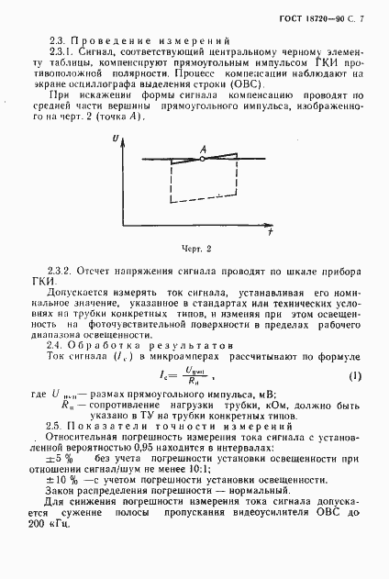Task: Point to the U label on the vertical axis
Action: pos(115,136)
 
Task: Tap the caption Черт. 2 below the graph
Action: pos(196,248)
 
